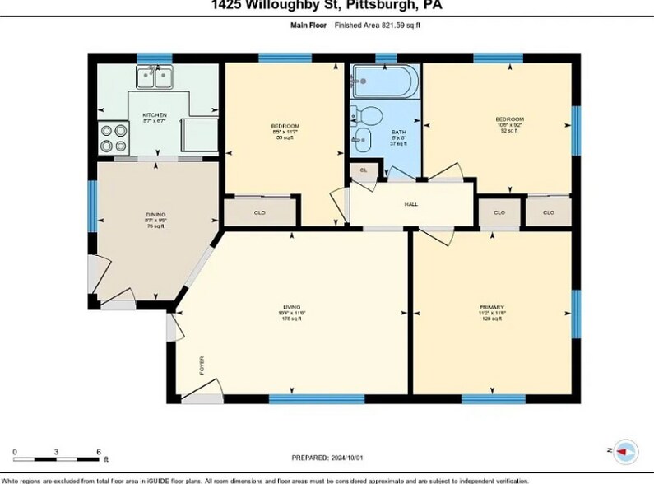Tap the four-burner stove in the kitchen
point(114,137)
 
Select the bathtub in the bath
point(384,82)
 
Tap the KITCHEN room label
point(155,115)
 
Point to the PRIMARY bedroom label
point(491,309)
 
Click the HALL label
point(410,203)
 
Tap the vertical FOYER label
point(202,365)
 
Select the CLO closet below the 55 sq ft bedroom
point(259,212)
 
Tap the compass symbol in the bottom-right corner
point(625,450)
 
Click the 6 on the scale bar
point(99,452)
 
